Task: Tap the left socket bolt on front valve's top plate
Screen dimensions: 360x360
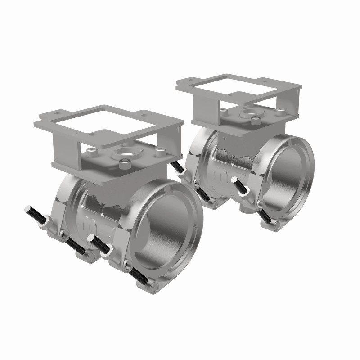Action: click(x=91, y=150)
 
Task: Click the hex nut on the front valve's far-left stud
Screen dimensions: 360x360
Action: click(x=47, y=220)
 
